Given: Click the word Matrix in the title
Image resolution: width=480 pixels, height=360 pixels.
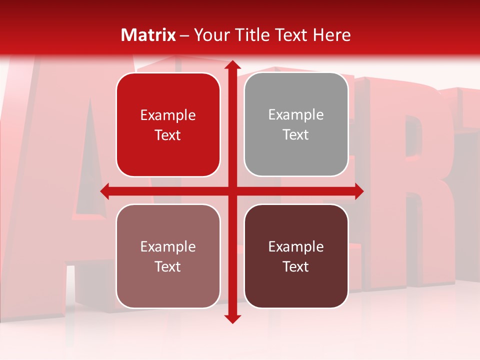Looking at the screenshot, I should pos(148,35).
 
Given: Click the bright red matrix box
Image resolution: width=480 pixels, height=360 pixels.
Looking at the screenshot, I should pos(168,125).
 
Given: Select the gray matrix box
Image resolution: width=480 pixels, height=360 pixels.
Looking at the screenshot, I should pos(296,124).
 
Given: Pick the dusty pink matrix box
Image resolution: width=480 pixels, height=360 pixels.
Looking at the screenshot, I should pos(168,256).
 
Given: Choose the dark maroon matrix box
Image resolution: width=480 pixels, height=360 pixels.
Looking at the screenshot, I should pos(296,256).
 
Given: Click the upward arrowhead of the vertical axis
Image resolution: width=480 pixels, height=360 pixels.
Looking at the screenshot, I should pos(232,65).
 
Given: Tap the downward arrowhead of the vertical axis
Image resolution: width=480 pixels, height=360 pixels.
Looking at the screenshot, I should pos(232,318).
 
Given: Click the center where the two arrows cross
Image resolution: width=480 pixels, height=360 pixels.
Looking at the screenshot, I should pos(232,191).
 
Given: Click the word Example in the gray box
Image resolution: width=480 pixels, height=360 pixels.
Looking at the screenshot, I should pos(296,115).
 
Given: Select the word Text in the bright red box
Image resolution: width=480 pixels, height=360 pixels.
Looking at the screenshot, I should pos(168,135).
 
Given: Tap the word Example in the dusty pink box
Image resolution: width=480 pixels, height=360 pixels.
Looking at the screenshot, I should pos(168,246).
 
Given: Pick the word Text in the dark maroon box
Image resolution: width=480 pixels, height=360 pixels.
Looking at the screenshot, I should pos(296,266).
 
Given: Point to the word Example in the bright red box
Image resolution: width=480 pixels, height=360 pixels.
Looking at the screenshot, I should pos(168,115).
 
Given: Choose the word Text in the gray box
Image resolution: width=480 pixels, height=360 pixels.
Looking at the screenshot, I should pos(296,135).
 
